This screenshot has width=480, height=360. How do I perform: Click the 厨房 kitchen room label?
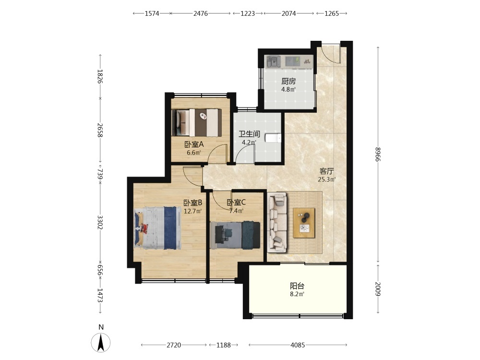tap(288, 81)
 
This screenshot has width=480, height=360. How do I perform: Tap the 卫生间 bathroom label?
tap(249, 134)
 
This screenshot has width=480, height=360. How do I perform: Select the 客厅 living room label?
tap(326, 171)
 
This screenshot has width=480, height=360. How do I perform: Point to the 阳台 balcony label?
tap(297, 286)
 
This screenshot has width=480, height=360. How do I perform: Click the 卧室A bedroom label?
tap(194, 144)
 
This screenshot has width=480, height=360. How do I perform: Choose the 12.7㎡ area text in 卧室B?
tap(192, 211)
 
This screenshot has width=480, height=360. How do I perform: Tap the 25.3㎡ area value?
tap(326, 180)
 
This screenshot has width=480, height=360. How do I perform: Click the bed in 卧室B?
tap(157, 228)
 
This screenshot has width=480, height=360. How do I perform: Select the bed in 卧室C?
tap(235, 235)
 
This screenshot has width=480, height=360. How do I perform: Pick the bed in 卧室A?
tap(196, 122)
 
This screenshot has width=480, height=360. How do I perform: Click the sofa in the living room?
tap(277, 223)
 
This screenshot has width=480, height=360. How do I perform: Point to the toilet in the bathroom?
tap(273, 138)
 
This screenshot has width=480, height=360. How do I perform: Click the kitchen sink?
tap(274, 61)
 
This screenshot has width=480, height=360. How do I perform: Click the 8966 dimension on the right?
tap(378, 155)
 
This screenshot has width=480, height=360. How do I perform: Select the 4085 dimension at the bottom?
tap(298, 345)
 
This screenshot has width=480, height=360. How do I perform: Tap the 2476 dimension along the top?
tap(201, 13)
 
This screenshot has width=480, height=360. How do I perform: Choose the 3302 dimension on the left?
tap(100, 223)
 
